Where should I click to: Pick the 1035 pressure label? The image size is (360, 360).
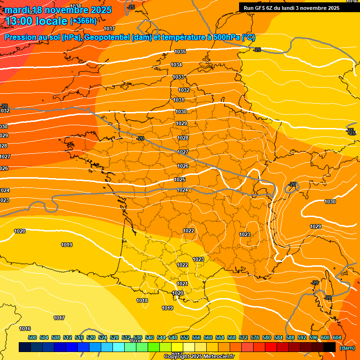[x=180, y=52]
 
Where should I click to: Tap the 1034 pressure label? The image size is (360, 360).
[x=176, y=65]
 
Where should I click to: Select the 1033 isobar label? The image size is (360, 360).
[x=178, y=77]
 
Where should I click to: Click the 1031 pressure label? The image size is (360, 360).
[x=179, y=100]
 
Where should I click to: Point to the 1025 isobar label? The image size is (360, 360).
[x=180, y=180]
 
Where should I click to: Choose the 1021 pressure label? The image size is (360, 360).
[x=183, y=284]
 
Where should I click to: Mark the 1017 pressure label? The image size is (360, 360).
[x=59, y=318]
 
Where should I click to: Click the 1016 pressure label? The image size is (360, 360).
[x=25, y=329]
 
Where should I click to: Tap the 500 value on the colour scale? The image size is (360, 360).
[x=32, y=337]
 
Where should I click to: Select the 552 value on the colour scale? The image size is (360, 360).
[x=185, y=337]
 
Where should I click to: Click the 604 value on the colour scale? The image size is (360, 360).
[x=337, y=337]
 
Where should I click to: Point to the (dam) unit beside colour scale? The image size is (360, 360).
[x=347, y=348]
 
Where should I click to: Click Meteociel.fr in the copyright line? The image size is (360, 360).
[x=217, y=357]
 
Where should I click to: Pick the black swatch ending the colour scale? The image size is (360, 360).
[x=330, y=347]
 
